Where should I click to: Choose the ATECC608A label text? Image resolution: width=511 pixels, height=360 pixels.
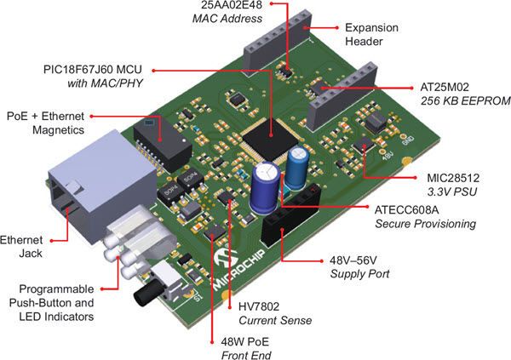tap(414, 209)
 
